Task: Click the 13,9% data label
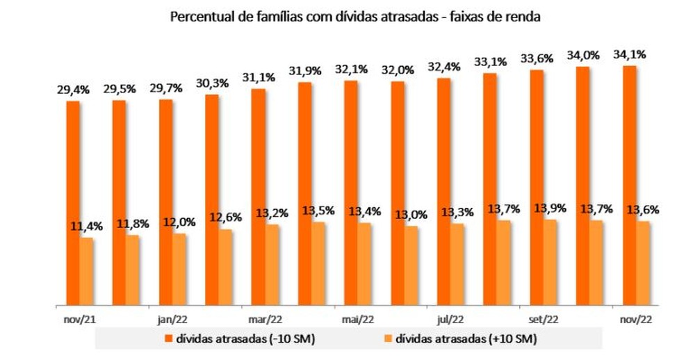(x=550, y=208)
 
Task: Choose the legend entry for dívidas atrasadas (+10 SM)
(x=459, y=339)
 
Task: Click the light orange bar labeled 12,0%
(x=179, y=269)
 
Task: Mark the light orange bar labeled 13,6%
(x=643, y=263)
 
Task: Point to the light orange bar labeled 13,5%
(x=318, y=263)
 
